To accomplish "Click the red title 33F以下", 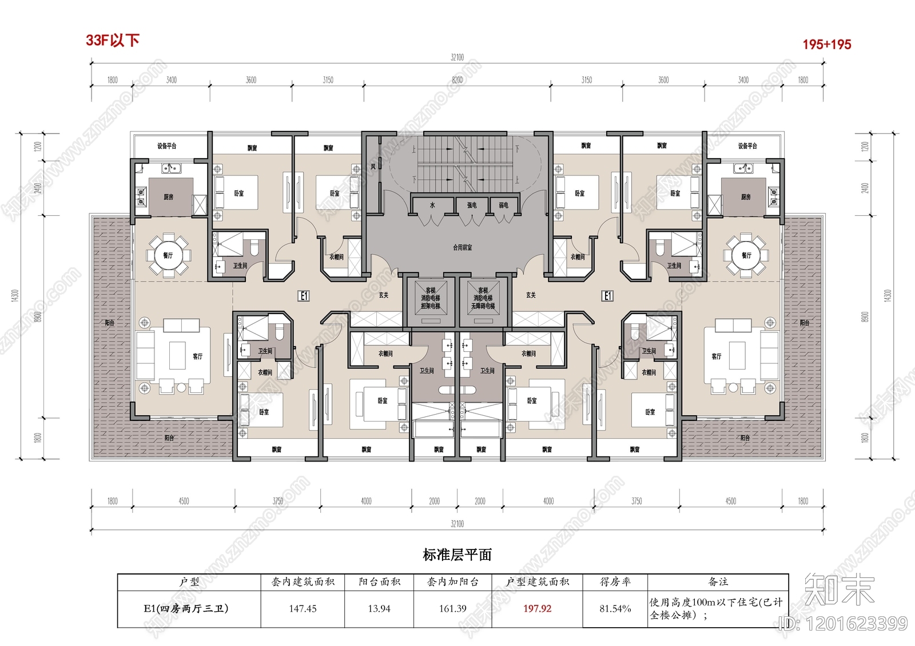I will (113, 40).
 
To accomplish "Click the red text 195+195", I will (826, 44).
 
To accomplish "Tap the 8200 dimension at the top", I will (457, 80).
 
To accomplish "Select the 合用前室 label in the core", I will (463, 247).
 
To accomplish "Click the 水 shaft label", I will (432, 204).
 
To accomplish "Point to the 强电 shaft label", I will (472, 204).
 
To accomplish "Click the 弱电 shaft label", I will (503, 204).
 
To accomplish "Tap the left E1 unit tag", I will (304, 295).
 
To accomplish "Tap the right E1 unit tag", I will (607, 295).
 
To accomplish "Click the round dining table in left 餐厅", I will (168, 255).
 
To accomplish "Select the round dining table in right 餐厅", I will (746, 255).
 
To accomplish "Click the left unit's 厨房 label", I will (168, 197).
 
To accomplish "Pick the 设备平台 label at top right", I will (747, 146).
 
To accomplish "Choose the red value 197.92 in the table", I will (537, 609).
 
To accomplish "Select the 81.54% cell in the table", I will (615, 609).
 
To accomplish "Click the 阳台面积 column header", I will (379, 582).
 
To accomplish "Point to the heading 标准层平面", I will (457, 555).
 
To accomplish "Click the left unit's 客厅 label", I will (198, 356).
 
